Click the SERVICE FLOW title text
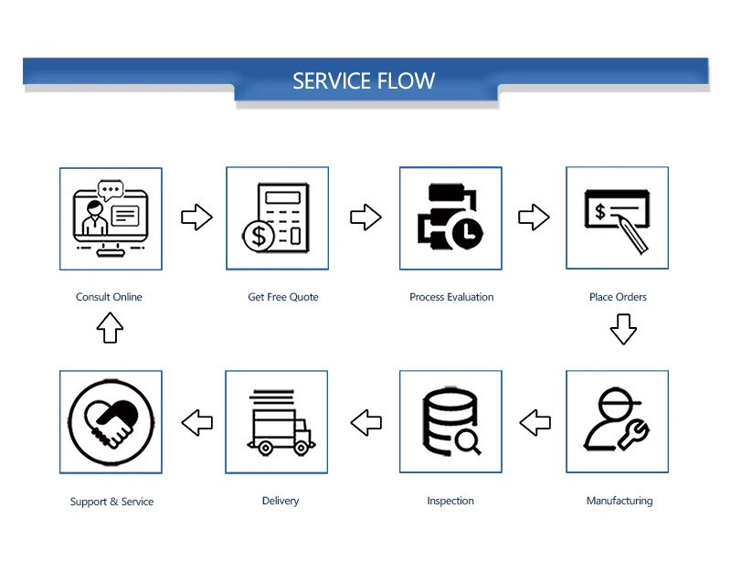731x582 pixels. pyautogui.click(x=364, y=80)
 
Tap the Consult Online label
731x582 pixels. pyautogui.click(x=109, y=297)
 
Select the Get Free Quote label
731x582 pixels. pyautogui.click(x=283, y=297)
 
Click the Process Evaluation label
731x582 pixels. pyautogui.click(x=451, y=297)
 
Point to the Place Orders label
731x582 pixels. pyautogui.click(x=618, y=297)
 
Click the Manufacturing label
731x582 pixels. pyautogui.click(x=620, y=501)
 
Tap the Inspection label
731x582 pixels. pyautogui.click(x=450, y=501)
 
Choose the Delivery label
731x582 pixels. pyautogui.click(x=281, y=501)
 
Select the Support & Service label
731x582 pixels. pyautogui.click(x=111, y=502)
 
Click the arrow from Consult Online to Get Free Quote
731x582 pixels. pyautogui.click(x=196, y=217)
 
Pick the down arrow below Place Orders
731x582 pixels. pyautogui.click(x=623, y=329)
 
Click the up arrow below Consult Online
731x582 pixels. pyautogui.click(x=110, y=328)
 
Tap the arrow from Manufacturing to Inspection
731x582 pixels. pyautogui.click(x=535, y=423)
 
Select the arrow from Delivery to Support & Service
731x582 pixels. pyautogui.click(x=196, y=423)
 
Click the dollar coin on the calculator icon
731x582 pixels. pyautogui.click(x=259, y=237)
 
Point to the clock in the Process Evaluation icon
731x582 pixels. pyautogui.click(x=467, y=231)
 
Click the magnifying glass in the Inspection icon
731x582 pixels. pyautogui.click(x=468, y=441)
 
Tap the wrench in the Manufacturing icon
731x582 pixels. pyautogui.click(x=634, y=435)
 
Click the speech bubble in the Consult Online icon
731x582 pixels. pyautogui.click(x=111, y=190)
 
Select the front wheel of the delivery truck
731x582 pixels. pyautogui.click(x=301, y=449)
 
